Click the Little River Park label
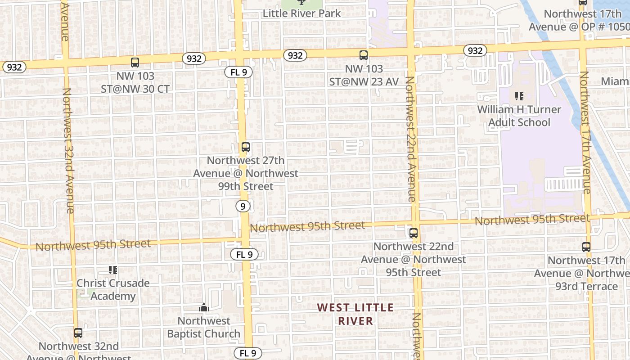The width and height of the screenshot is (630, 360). (302, 13)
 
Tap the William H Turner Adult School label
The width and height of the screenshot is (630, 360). (519, 116)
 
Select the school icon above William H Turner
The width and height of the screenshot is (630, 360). (519, 96)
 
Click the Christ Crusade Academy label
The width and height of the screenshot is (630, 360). (113, 289)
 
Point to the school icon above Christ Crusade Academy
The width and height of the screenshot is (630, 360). (113, 270)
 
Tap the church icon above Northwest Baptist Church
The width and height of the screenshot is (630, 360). (204, 308)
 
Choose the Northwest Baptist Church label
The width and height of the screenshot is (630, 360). (204, 327)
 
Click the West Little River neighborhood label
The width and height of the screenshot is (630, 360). (355, 314)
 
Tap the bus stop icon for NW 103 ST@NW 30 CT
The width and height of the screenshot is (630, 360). (135, 63)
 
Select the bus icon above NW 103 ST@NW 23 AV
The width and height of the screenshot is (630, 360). (364, 55)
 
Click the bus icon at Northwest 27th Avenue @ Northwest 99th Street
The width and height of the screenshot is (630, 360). (245, 147)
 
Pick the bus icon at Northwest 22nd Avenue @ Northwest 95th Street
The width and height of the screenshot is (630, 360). (413, 233)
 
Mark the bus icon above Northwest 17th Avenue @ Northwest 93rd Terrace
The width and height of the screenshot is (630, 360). (586, 247)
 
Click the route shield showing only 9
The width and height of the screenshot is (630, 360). (243, 206)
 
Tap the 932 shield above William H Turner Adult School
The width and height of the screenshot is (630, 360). (475, 50)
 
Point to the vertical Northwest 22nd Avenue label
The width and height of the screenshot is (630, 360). (410, 139)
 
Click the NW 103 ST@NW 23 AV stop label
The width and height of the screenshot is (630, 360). (364, 75)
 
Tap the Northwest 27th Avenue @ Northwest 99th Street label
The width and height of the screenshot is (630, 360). (245, 173)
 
